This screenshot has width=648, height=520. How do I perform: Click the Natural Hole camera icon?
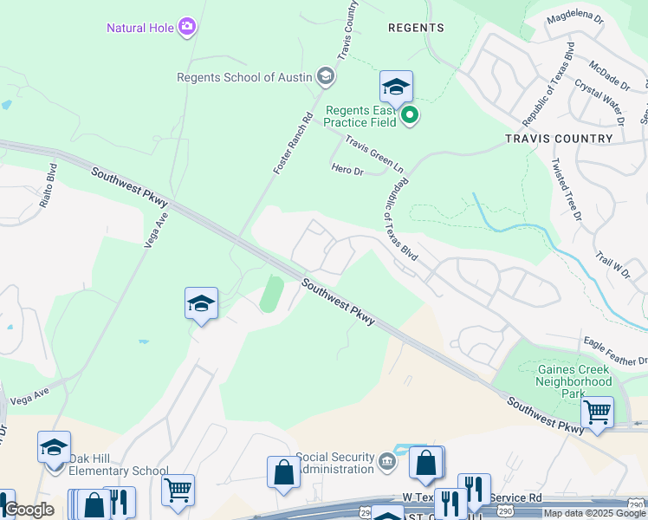pyautogui.click(x=186, y=28)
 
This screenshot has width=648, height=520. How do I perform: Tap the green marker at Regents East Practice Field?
pyautogui.click(x=410, y=114)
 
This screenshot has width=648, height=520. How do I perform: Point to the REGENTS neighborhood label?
pyautogui.click(x=416, y=28)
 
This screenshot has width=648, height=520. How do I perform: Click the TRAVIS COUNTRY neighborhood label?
pyautogui.click(x=559, y=139)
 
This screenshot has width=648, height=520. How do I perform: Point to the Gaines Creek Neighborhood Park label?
pyautogui.click(x=573, y=381)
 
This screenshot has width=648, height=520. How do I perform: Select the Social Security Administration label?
pyautogui.click(x=334, y=463)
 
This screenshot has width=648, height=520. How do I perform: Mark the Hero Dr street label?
pyautogui.click(x=347, y=171)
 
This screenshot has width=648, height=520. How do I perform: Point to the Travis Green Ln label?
pyautogui.click(x=374, y=152)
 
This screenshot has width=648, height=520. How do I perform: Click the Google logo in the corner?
pyautogui.click(x=28, y=510)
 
